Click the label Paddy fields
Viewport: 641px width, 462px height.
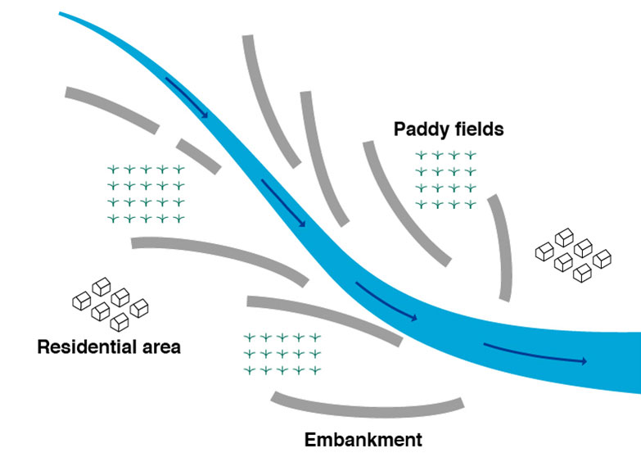click(x=448, y=129)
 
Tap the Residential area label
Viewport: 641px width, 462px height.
click(x=109, y=347)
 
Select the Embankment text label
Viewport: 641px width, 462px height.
click(x=363, y=440)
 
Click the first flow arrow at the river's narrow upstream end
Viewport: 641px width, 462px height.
click(x=187, y=97)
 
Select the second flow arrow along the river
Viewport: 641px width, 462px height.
click(x=283, y=202)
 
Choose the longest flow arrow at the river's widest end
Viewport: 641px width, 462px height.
click(x=535, y=353)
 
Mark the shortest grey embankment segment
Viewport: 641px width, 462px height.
click(x=197, y=156)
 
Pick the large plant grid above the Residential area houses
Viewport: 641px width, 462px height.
click(x=147, y=194)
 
